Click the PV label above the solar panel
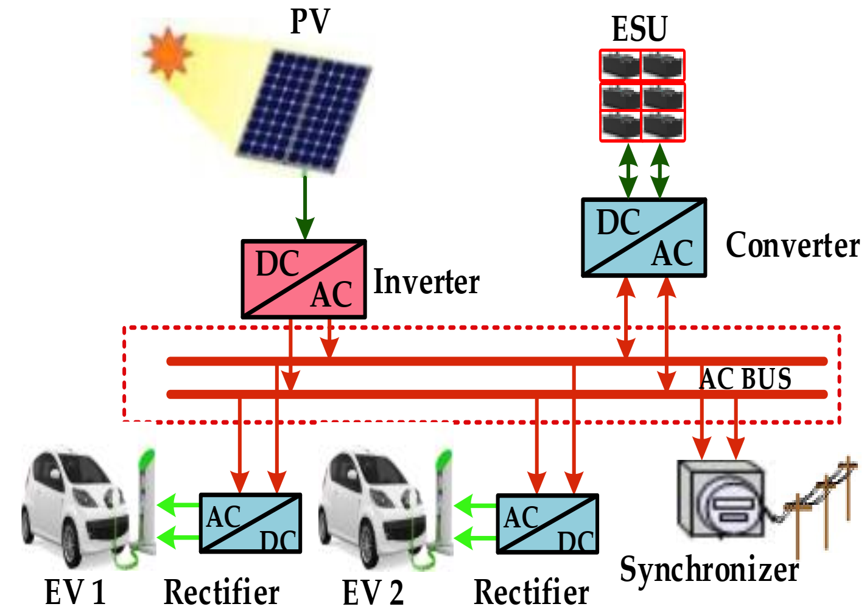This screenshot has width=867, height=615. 310,21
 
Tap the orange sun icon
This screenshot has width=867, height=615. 167,54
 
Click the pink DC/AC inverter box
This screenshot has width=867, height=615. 304,279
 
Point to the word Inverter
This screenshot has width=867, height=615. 426,282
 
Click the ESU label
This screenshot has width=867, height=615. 640,29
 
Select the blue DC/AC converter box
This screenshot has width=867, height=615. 644,238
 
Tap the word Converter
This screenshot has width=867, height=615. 792,245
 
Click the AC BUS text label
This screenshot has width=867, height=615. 746,378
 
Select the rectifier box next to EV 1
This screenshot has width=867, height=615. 250,523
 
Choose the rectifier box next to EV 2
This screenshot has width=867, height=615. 547,524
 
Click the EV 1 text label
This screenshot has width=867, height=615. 75,592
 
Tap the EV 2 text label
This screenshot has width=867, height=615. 373,592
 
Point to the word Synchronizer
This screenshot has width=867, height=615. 709,569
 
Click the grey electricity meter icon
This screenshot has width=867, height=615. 721,499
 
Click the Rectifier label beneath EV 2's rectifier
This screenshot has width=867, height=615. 531,592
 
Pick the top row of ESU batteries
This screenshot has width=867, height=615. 642,65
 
